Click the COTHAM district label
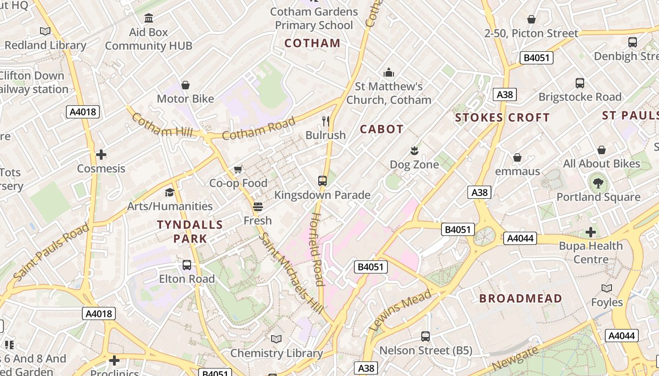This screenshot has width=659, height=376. pyautogui.click(x=313, y=43)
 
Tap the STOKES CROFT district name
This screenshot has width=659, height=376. pyautogui.click(x=502, y=117)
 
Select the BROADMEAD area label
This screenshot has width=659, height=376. pyautogui.click(x=521, y=298)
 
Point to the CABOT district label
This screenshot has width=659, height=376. pyautogui.click(x=382, y=129)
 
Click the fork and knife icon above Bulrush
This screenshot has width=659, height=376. pyautogui.click(x=325, y=121)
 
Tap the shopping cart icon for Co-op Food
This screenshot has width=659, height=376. pyautogui.click(x=238, y=169)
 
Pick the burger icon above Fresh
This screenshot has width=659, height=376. pyautogui.click(x=257, y=206)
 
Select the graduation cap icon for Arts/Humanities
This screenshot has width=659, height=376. pyautogui.click(x=169, y=192)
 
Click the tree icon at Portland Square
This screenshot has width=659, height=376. pyautogui.click(x=598, y=183)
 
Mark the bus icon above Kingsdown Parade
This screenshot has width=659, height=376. pyautogui.click(x=322, y=181)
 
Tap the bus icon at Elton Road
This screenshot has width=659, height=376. pyautogui.click(x=187, y=265)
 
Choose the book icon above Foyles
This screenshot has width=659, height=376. pyautogui.click(x=607, y=288)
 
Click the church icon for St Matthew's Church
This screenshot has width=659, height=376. pyautogui.click(x=389, y=72)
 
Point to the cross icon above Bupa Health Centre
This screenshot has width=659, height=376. pyautogui.click(x=591, y=232)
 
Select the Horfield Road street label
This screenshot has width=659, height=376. pyautogui.click(x=316, y=249)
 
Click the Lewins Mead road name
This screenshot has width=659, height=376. pyautogui.click(x=401, y=310)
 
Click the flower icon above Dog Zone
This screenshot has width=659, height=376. pyautogui.click(x=414, y=151)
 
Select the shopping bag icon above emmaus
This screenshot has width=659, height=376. pyautogui.click(x=517, y=157)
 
